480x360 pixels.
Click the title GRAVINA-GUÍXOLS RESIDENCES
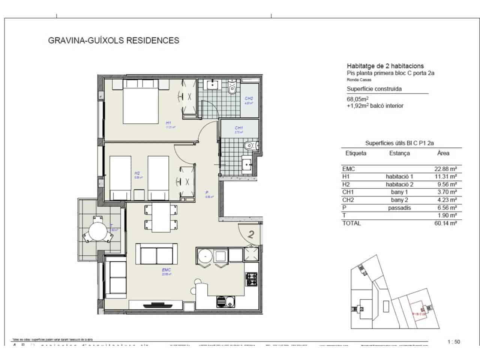pyautogui.click(x=114, y=40)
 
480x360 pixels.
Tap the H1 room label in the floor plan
pyautogui.click(x=168, y=123)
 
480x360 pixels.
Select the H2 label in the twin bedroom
pyautogui.click(x=137, y=173)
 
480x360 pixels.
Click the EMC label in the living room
pyautogui.click(x=166, y=270)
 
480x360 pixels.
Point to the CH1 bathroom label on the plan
pyautogui.click(x=239, y=128)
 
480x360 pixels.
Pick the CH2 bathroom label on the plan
pyautogui.click(x=249, y=99)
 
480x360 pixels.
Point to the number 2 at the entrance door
pyautogui.click(x=252, y=235)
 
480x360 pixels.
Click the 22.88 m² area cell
pyautogui.click(x=445, y=169)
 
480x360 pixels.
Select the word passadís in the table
pyautogui.click(x=399, y=208)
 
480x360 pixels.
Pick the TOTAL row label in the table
pyautogui.click(x=351, y=223)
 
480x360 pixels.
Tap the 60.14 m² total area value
pyautogui.click(x=445, y=223)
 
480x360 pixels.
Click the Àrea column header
pyautogui.click(x=443, y=153)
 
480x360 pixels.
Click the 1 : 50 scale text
pyautogui.click(x=454, y=342)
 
